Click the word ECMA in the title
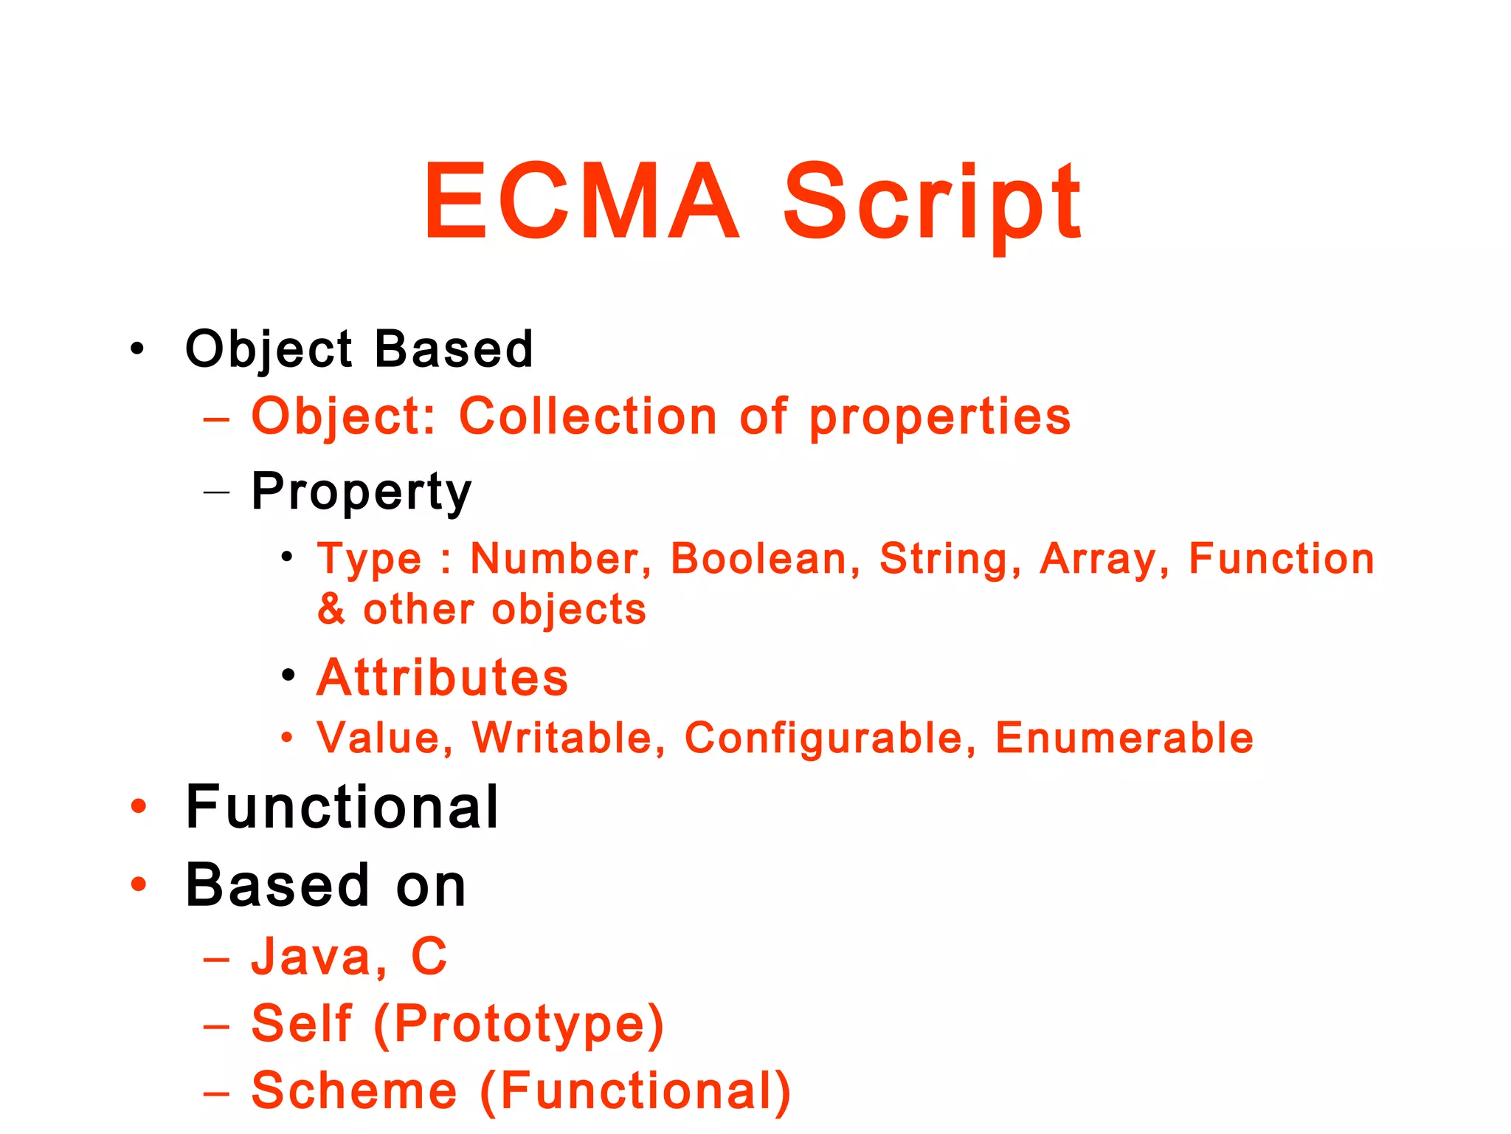[x=581, y=202]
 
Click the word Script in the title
[x=932, y=202]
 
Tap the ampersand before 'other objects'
[x=331, y=609]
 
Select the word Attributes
[x=443, y=677]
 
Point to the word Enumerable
[x=1124, y=738]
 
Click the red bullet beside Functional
[x=138, y=806]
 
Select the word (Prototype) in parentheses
[x=519, y=1025]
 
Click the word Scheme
[x=354, y=1090]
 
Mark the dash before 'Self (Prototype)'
[x=216, y=1026]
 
